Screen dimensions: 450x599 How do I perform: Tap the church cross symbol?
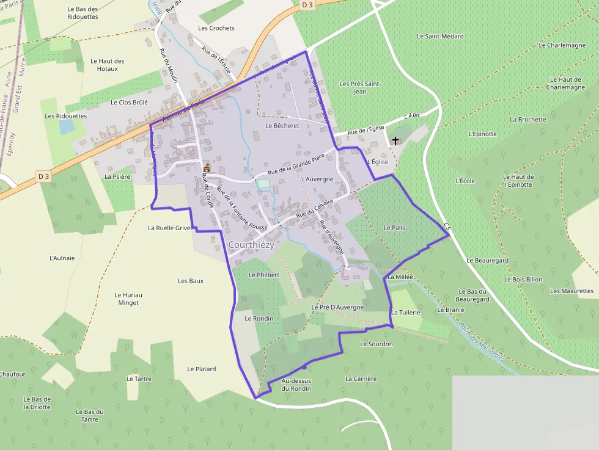click(x=395, y=141)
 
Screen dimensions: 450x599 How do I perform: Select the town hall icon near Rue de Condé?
click(x=207, y=168)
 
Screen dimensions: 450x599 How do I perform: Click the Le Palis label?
click(x=394, y=228)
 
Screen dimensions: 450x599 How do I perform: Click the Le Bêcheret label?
click(x=282, y=126)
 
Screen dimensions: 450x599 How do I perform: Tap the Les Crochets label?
click(x=216, y=28)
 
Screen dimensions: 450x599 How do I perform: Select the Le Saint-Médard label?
click(x=440, y=37)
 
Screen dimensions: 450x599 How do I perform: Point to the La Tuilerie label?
click(x=406, y=313)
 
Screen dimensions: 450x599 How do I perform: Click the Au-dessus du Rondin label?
click(x=296, y=385)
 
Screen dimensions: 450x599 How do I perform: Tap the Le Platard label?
click(x=202, y=369)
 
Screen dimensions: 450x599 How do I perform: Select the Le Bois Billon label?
click(x=523, y=280)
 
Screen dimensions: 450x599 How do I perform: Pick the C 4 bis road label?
click(x=412, y=115)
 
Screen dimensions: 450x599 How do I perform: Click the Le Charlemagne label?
click(x=562, y=45)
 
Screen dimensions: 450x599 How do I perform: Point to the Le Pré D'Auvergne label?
click(x=337, y=307)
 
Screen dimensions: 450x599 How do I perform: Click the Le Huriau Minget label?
click(x=128, y=299)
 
